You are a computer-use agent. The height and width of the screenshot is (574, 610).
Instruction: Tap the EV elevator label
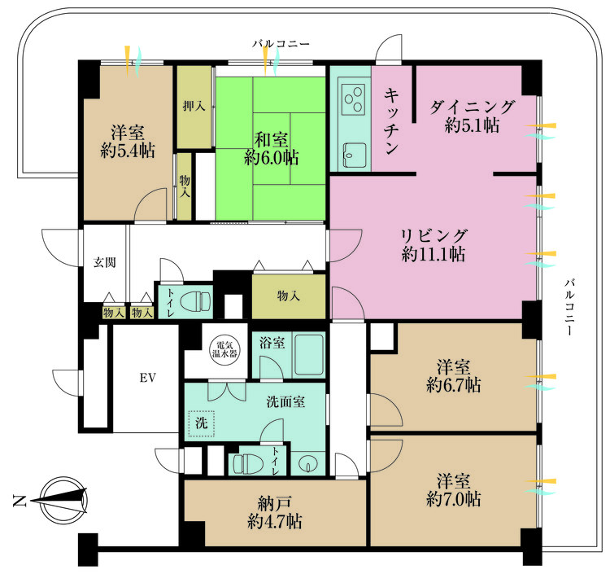pos(148,378)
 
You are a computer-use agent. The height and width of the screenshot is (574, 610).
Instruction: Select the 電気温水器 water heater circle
pos(224,349)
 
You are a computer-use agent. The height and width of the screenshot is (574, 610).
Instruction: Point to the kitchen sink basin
pos(354,155)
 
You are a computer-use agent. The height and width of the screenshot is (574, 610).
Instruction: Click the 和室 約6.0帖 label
pos(272,149)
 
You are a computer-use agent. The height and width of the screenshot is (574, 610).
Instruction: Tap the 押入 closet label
pos(194,106)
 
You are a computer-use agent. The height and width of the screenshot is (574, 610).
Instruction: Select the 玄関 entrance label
pos(105,262)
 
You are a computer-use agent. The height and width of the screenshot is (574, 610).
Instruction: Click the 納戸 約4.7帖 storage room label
pos(275,512)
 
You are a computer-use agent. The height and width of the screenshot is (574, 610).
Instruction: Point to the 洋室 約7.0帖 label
pos(454,490)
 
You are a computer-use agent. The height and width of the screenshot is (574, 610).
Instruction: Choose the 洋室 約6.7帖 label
pos(454,376)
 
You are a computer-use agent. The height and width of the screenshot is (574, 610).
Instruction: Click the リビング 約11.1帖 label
pos(434,245)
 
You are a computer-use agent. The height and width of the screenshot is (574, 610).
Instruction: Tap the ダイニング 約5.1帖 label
pos(472,116)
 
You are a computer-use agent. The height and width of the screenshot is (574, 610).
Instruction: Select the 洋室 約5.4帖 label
pos(128,142)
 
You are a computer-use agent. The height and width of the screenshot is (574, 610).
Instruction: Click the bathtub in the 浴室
pos(309,354)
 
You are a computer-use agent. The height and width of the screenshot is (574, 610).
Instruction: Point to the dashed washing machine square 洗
pos(201,423)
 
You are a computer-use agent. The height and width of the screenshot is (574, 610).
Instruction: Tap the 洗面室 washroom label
pos(285,401)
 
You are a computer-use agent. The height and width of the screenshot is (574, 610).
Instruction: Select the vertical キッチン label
pos(391,121)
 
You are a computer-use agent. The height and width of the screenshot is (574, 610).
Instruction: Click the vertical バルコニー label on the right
pos(570,307)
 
